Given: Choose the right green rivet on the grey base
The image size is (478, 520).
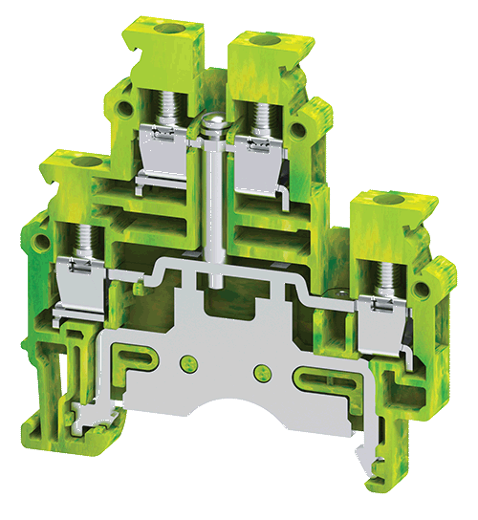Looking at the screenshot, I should pyautogui.click(x=256, y=371).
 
